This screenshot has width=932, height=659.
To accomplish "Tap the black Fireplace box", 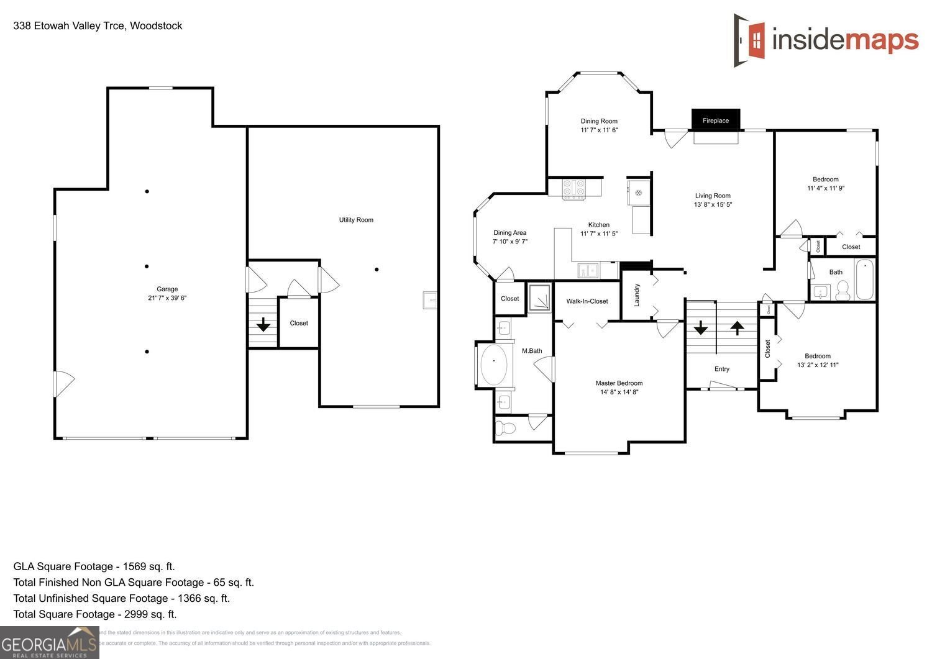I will [x=716, y=120].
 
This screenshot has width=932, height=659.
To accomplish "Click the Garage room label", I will [x=167, y=289].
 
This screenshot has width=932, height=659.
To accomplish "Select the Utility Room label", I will [x=356, y=220].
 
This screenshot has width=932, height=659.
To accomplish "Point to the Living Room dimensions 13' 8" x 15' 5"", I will [x=713, y=204].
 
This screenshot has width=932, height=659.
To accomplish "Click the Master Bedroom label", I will [x=619, y=383].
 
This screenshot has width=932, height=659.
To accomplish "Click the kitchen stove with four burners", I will [x=574, y=188].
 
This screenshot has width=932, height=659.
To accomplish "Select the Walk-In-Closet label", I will [x=587, y=301].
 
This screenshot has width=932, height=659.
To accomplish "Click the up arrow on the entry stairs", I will [x=737, y=327].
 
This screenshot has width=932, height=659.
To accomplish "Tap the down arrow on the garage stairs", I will [x=263, y=324].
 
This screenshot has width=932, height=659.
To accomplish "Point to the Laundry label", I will [x=637, y=295].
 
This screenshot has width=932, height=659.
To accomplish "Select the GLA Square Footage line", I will [x=94, y=566].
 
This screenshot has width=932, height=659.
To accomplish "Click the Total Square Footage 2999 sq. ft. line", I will [x=95, y=614].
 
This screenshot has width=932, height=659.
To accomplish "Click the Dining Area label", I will [x=510, y=233].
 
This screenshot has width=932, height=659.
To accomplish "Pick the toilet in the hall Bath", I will [x=843, y=290].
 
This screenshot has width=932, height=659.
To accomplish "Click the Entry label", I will [x=721, y=369].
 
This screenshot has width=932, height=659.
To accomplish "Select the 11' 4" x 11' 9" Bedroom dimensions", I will [x=826, y=188].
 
